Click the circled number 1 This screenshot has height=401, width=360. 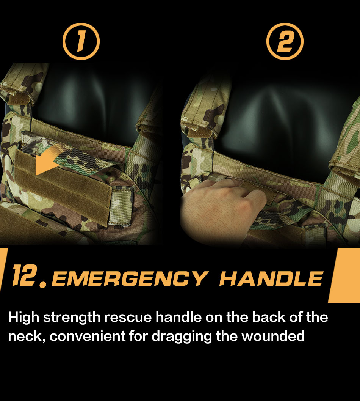click(81, 42)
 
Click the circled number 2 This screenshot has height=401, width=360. click(285, 42)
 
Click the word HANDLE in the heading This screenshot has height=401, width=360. click(271, 278)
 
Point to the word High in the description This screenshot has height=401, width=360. click(23, 318)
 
